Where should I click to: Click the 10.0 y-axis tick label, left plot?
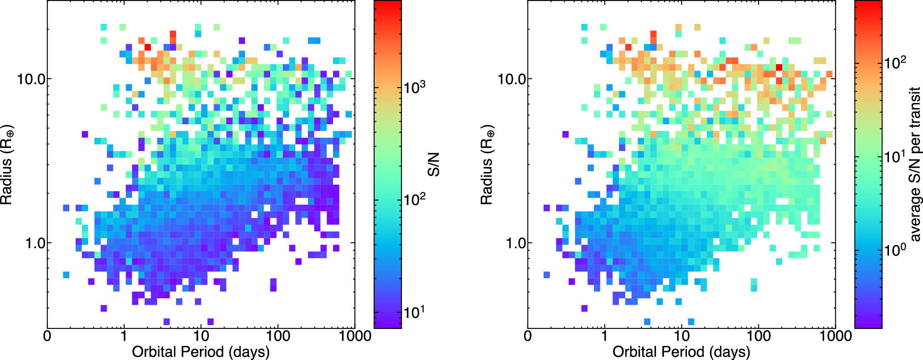(x=31, y=79)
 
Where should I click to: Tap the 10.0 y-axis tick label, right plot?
(x=512, y=79)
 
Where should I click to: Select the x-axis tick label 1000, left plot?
(x=355, y=336)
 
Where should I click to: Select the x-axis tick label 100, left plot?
(x=278, y=336)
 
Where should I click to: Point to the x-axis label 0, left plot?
(x=47, y=336)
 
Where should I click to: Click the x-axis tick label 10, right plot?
(x=681, y=336)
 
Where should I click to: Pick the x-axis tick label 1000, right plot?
(x=835, y=336)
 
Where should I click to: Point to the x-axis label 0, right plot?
(x=528, y=336)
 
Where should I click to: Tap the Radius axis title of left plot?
(x=7, y=165)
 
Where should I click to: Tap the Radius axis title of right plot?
(x=487, y=165)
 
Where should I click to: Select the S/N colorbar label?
(x=433, y=165)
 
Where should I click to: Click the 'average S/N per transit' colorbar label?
(x=914, y=165)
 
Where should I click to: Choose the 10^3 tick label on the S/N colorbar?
(x=415, y=87)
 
